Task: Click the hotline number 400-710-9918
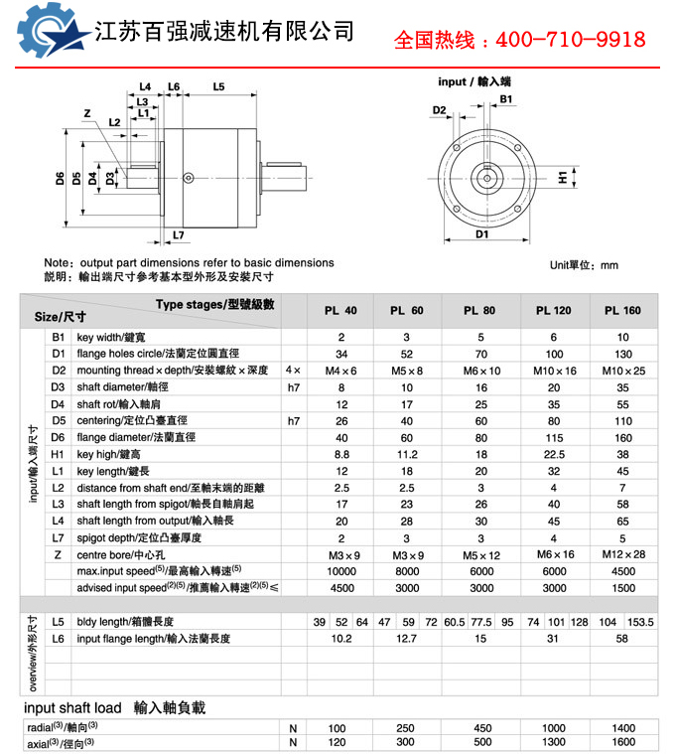point(570,41)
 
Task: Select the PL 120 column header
point(554,311)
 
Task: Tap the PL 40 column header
point(340,311)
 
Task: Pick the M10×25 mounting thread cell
point(622,371)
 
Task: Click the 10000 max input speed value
point(340,571)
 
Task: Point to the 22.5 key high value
point(554,453)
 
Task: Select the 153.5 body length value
point(641,621)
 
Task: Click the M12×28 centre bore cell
point(622,554)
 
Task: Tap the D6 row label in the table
point(58,437)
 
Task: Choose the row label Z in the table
point(58,554)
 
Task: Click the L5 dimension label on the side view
point(218,87)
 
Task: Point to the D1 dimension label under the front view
point(481,235)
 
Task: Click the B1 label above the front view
point(505,99)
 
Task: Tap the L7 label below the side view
point(178,235)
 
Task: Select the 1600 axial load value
point(622,742)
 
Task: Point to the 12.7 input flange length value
point(407,639)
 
